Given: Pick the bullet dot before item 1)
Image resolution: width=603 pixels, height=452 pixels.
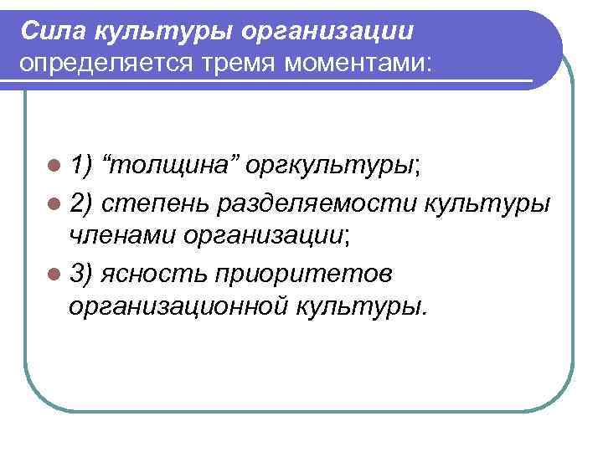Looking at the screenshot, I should coord(56,166).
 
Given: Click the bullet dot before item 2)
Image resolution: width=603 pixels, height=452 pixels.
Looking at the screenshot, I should coord(56,203).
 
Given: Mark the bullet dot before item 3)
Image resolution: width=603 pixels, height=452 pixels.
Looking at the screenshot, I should coord(56,275).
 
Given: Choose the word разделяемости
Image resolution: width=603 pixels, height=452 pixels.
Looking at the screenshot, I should coord(318,203).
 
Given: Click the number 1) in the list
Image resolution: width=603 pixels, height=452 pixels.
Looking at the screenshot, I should coord(82,166).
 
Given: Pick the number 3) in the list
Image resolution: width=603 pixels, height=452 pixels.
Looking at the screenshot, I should coord(82,275).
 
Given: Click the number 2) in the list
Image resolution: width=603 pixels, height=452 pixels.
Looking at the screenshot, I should coord(82,203).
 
